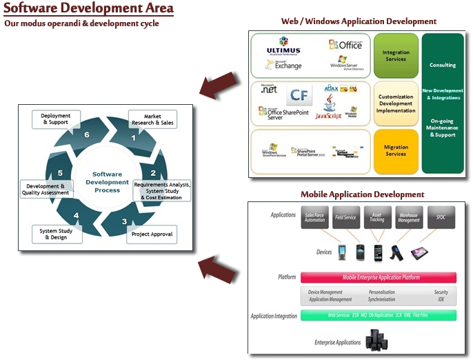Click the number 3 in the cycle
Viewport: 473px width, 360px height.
[124, 221]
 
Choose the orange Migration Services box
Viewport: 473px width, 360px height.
[396, 150]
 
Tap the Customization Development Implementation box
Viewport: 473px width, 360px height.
[396, 104]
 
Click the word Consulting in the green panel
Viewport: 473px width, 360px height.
[442, 66]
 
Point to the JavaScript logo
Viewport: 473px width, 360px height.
[328, 116]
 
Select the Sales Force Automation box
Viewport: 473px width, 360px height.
[315, 217]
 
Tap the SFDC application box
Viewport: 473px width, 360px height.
[441, 217]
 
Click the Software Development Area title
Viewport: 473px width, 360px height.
[88, 9]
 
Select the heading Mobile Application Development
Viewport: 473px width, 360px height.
[362, 194]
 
